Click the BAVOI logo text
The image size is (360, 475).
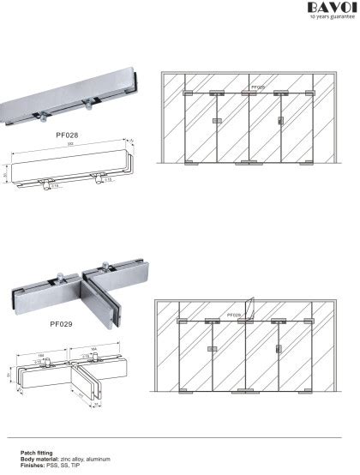[x=329, y=8]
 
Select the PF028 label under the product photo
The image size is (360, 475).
[x=66, y=135]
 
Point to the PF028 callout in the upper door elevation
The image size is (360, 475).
[x=257, y=87]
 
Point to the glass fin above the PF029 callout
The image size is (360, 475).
[x=249, y=305]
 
